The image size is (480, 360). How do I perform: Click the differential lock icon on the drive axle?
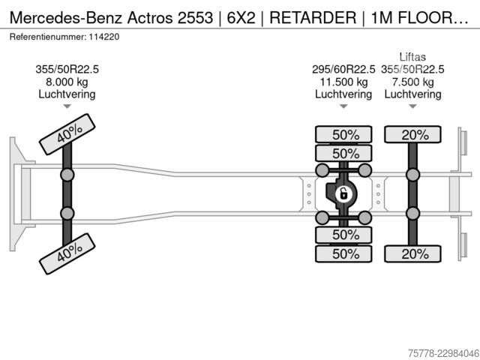tap(343, 194)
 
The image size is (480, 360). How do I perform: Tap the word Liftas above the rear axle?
tap(412, 57)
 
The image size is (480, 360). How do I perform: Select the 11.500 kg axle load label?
tap(343, 82)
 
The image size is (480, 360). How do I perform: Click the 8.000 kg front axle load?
tap(67, 82)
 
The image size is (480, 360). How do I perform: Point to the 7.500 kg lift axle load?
tap(412, 82)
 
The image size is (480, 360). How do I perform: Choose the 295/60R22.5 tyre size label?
tap(343, 70)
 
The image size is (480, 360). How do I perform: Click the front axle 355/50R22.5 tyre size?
tap(67, 70)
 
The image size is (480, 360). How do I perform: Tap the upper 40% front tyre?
tap(67, 134)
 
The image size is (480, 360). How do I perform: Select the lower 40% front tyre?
tap(67, 253)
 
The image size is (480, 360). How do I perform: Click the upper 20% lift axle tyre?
tap(412, 134)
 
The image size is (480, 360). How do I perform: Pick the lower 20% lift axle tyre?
tap(412, 253)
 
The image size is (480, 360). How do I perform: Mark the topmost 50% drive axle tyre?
tap(343, 134)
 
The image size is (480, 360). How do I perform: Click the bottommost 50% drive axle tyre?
tap(343, 253)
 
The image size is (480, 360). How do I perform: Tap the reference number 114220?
tap(104, 37)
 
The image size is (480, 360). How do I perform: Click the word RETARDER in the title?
tap(313, 17)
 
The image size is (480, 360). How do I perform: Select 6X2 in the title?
tap(241, 17)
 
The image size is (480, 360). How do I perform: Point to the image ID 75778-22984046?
tap(443, 353)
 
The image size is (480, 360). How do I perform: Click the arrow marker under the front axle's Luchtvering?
tap(67, 106)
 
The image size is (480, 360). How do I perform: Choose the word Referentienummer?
tap(48, 37)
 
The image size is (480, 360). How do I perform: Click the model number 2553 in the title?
tap(195, 17)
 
